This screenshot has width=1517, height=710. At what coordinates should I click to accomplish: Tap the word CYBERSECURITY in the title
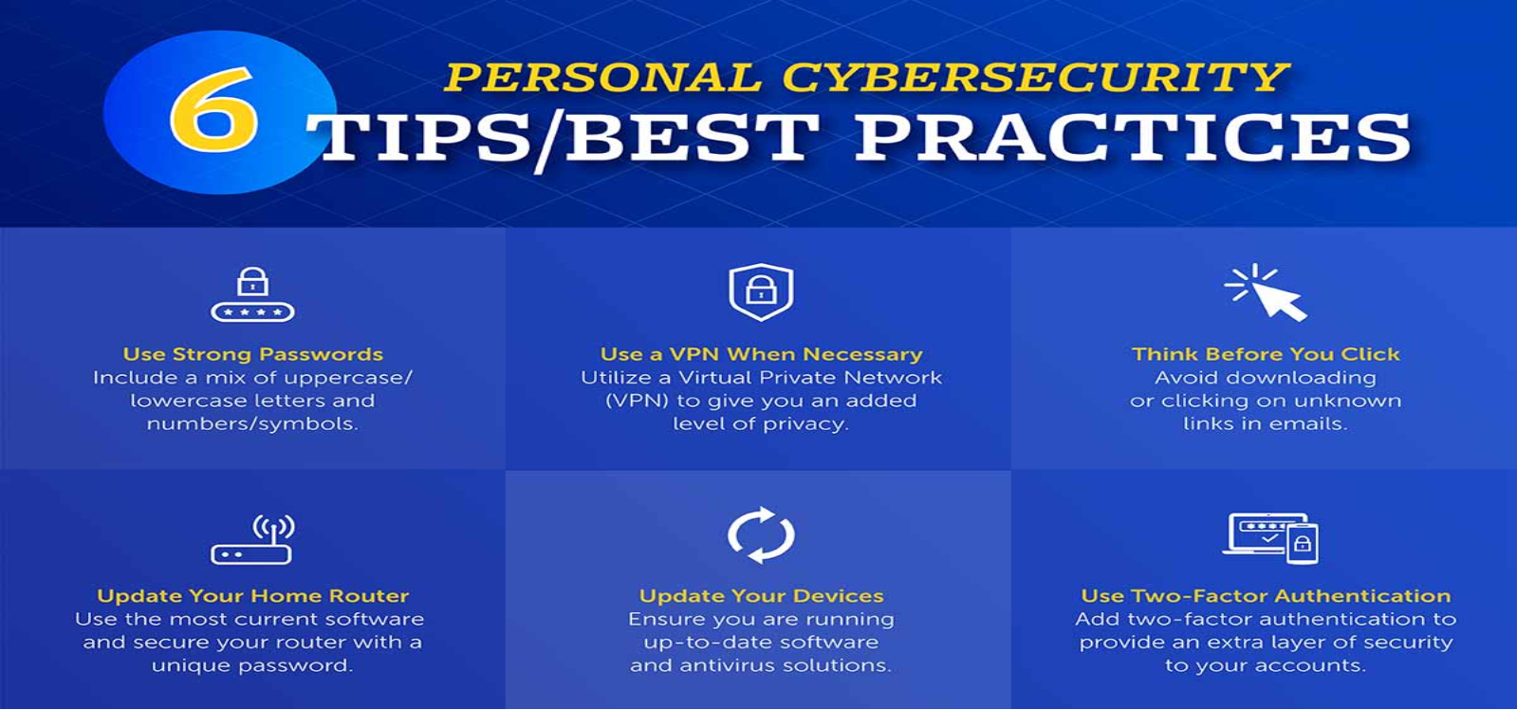[1035, 77]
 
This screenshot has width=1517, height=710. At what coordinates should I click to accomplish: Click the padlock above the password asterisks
[252, 282]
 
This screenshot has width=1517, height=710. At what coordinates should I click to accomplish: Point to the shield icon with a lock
[761, 291]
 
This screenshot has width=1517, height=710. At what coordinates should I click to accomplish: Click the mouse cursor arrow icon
[1265, 292]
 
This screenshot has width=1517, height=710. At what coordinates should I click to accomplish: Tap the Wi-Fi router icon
[252, 539]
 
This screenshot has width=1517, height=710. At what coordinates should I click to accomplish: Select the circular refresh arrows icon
[761, 534]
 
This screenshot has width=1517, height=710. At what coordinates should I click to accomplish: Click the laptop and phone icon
[1270, 538]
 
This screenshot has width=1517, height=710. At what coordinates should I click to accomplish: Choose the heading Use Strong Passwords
[252, 354]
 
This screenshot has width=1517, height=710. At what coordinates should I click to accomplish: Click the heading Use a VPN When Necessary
[761, 354]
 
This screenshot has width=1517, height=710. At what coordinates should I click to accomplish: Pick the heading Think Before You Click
[1266, 354]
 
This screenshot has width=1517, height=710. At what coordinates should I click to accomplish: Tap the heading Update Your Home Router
[252, 595]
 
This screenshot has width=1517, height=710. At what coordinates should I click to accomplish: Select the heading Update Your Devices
[761, 595]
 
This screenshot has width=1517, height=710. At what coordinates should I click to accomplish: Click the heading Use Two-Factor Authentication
[1266, 595]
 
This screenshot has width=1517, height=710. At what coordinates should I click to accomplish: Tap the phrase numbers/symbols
[252, 424]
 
